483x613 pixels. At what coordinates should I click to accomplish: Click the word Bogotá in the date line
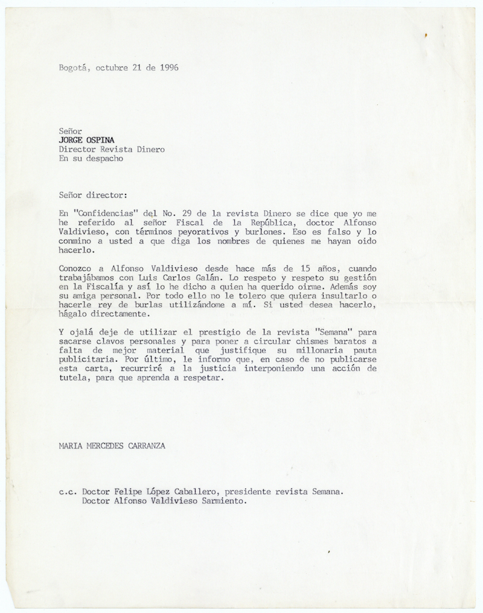point(73,68)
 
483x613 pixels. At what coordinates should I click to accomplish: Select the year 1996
point(166,68)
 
